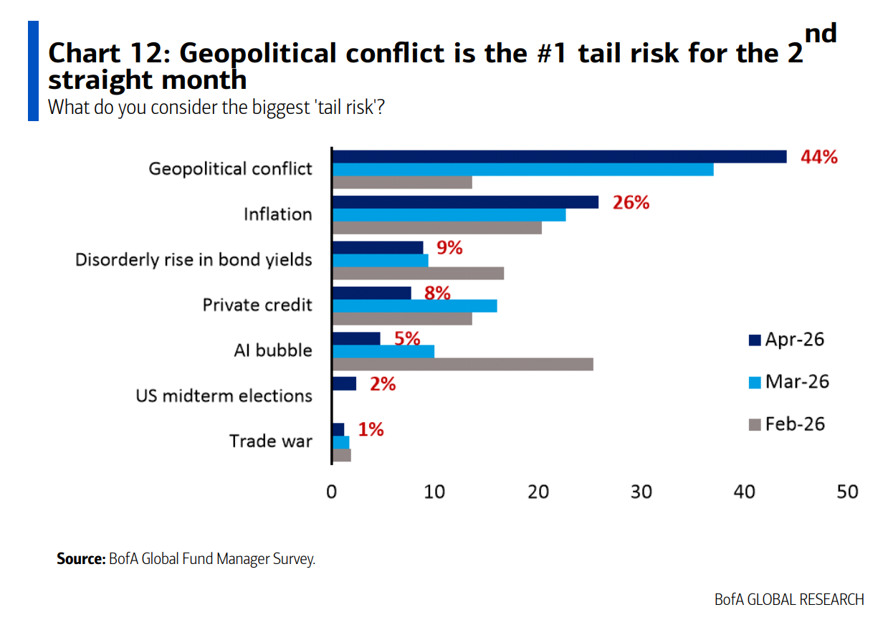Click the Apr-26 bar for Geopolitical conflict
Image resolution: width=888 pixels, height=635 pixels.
559,156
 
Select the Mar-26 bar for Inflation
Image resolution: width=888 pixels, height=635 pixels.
449,214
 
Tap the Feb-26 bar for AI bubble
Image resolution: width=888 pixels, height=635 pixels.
463,364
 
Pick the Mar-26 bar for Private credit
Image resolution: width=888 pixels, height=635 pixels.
415,305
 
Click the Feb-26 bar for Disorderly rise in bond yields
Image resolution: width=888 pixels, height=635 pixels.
419,273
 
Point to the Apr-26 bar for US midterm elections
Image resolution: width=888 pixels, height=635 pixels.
344,383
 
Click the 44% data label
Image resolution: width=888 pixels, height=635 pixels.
818,158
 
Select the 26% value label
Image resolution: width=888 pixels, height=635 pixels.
631,203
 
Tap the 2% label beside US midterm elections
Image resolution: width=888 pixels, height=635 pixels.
383,384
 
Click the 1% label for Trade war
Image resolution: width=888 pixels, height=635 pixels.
371,429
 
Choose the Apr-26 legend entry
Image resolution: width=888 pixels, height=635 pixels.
786,339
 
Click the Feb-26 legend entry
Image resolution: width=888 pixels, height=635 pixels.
786,424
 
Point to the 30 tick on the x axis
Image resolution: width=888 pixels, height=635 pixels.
641,492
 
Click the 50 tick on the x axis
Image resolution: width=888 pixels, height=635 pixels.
848,492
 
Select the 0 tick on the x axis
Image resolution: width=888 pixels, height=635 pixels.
331,492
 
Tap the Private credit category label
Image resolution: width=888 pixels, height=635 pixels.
257,305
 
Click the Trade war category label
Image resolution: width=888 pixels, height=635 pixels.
270,441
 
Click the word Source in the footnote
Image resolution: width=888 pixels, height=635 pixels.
81,559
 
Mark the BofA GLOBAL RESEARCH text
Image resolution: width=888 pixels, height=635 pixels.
789,599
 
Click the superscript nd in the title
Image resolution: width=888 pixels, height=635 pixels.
821,33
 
